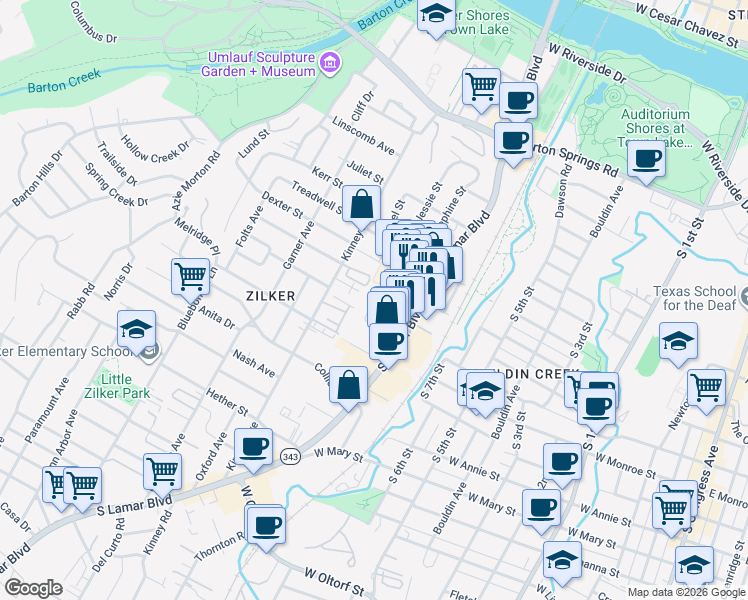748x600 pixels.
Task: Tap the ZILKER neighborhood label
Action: (x=271, y=296)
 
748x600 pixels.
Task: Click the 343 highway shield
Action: (x=290, y=456)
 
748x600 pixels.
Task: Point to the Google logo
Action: (x=33, y=588)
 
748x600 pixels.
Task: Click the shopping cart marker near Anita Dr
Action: (x=190, y=274)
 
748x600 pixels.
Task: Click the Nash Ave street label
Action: (x=253, y=362)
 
